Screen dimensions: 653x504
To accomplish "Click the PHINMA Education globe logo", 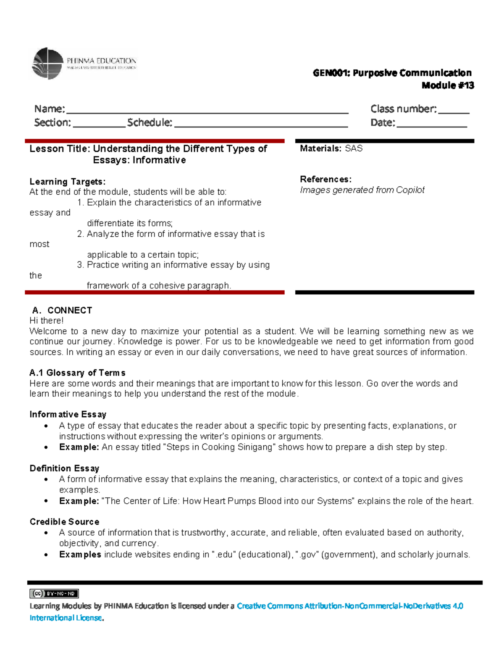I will (47, 63).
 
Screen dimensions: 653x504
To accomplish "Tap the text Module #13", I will (448, 85).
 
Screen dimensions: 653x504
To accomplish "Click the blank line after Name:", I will (207, 110).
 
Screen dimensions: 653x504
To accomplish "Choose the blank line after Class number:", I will (454, 110).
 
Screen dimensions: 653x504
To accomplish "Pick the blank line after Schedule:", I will (261, 124).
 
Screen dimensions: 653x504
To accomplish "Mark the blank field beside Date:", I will (432, 124).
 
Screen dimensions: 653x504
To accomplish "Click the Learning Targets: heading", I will (67, 182).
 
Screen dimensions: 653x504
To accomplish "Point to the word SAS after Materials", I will (354, 148).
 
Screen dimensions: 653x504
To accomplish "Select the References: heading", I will (325, 179).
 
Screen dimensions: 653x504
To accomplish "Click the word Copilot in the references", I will (410, 190).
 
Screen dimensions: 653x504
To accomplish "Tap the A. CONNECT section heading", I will (62, 310).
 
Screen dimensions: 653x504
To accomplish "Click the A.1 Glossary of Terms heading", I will (77, 373).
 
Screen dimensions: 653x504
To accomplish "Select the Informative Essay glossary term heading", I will (68, 415).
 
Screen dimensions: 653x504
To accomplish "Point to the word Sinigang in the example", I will (255, 447).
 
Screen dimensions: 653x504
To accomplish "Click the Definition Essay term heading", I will (64, 468).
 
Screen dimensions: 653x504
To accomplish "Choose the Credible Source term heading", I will (64, 522).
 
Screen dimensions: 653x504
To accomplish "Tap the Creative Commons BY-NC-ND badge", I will (54, 593).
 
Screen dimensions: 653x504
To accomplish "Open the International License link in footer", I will (66, 618).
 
